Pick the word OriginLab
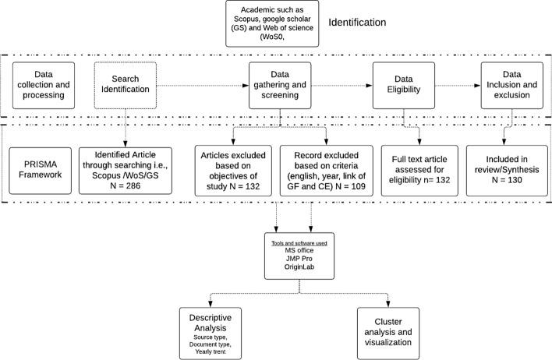pyautogui.click(x=299, y=266)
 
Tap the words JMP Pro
pyautogui.click(x=299, y=258)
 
